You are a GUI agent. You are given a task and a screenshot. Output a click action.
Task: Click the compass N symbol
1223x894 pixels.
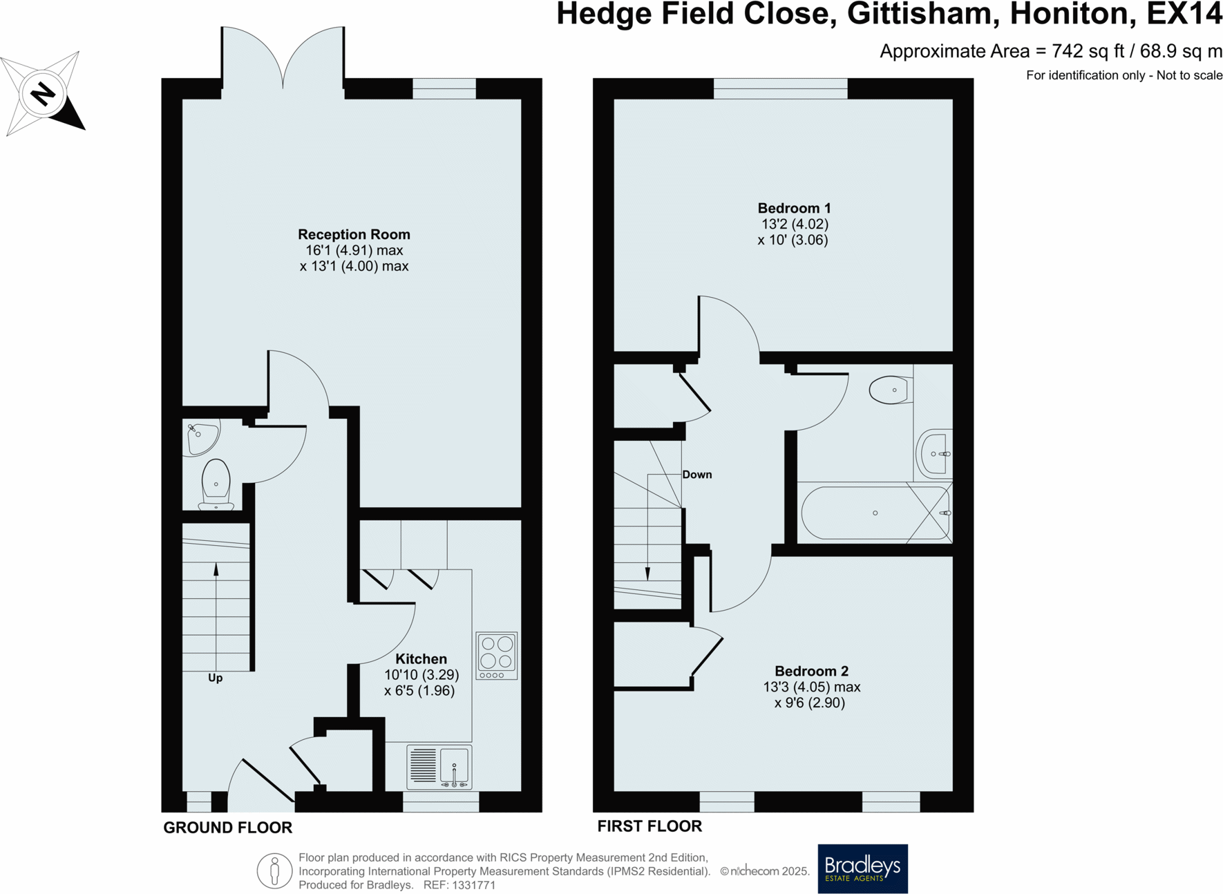[43, 93]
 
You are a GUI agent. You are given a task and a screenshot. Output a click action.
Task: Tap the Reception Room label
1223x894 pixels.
[354, 235]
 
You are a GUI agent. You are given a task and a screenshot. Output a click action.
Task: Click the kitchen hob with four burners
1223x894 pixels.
[496, 655]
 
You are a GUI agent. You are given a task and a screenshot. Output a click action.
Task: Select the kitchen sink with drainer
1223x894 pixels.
[439, 766]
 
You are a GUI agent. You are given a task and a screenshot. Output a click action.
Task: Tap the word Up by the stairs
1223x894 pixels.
[216, 678]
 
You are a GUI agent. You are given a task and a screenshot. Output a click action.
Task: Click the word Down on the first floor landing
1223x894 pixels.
[696, 475]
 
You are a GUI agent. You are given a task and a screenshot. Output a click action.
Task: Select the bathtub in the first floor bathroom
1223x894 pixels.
[875, 513]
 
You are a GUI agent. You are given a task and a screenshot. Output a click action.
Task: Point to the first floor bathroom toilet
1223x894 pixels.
[890, 390]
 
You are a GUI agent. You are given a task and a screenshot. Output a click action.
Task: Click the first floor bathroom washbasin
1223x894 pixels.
[936, 454]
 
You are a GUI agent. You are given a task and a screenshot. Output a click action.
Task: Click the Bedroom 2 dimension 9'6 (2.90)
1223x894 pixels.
[810, 703]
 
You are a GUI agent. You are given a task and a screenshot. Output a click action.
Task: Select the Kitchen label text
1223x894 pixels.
[421, 659]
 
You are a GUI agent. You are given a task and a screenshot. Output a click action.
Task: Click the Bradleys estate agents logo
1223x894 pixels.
[862, 868]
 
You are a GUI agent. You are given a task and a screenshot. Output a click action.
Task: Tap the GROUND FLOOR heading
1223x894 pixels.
[227, 828]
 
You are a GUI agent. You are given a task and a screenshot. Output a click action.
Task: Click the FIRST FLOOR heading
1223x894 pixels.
[650, 826]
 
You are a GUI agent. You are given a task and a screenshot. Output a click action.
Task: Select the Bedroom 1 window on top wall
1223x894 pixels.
[780, 88]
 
